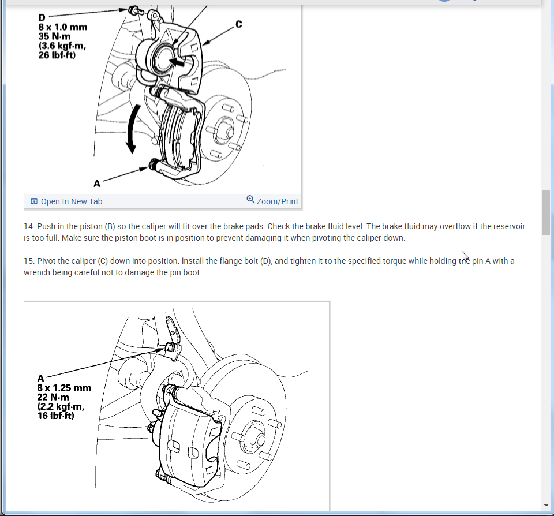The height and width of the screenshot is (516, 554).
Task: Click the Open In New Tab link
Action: click(x=66, y=201)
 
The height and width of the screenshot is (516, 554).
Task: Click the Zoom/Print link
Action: click(x=272, y=201)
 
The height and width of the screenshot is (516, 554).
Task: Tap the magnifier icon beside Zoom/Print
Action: click(x=250, y=199)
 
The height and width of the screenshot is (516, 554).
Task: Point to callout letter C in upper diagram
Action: click(x=239, y=24)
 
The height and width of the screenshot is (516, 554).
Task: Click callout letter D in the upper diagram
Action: click(x=42, y=17)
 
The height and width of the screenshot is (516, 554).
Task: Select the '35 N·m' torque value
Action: click(x=54, y=36)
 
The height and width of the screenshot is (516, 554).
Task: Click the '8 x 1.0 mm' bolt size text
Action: click(x=63, y=27)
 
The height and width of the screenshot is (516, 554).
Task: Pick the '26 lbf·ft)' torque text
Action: click(x=57, y=55)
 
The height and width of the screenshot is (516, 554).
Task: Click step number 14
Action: click(x=29, y=226)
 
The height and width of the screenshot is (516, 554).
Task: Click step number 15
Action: click(x=29, y=261)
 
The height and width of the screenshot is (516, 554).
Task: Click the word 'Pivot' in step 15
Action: click(x=46, y=261)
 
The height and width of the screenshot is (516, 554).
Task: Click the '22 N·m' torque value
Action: click(x=53, y=397)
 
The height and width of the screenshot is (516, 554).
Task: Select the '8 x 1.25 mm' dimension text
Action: click(x=64, y=388)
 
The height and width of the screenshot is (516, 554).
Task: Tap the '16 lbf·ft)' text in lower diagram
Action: click(x=56, y=416)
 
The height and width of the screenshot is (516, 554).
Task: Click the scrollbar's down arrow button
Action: click(x=546, y=506)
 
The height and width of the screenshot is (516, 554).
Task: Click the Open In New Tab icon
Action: click(x=34, y=201)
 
